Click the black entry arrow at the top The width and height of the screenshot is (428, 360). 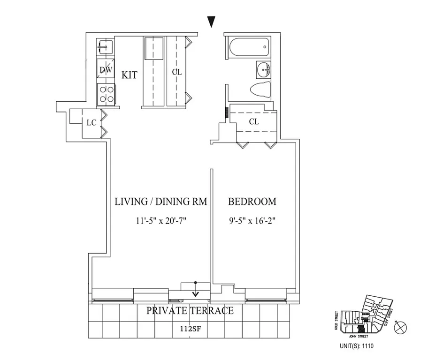click(x=212, y=22)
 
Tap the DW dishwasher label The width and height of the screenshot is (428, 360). click(x=106, y=70)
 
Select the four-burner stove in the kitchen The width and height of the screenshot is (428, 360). click(x=106, y=93)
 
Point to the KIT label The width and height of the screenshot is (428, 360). click(x=130, y=75)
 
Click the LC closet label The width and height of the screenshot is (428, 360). click(x=91, y=122)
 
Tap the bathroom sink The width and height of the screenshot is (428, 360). click(x=263, y=71)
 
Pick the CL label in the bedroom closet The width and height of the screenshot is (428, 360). click(x=254, y=121)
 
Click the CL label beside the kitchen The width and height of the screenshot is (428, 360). click(x=176, y=72)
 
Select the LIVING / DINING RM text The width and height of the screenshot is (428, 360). click(x=161, y=202)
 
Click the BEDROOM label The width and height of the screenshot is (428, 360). click(x=252, y=202)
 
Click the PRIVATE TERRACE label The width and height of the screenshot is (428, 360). click(x=190, y=311)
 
